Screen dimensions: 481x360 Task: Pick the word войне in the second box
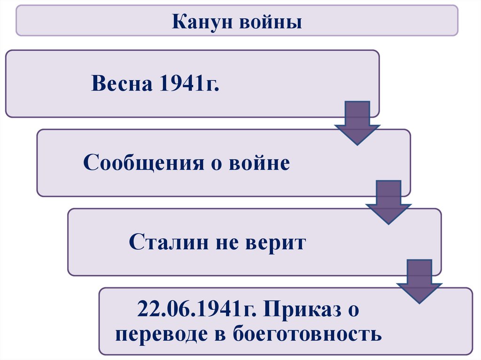(x=259, y=163)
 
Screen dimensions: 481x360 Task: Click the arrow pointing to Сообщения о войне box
(x=357, y=123)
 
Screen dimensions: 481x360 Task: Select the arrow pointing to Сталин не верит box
(x=388, y=202)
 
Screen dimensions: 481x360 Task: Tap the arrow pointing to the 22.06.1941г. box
(x=419, y=281)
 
